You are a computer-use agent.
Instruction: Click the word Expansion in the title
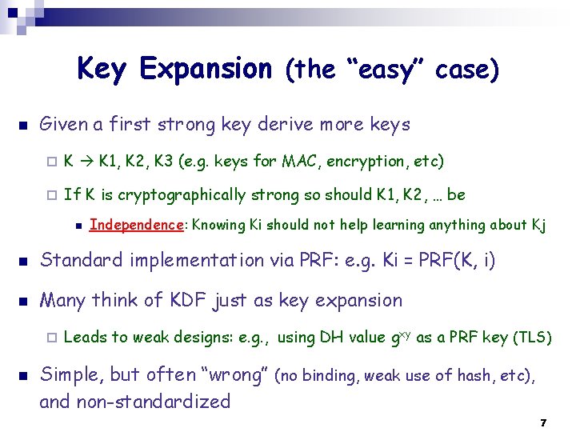[206, 70]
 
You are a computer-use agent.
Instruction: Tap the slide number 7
[543, 422]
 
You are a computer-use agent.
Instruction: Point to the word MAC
[301, 161]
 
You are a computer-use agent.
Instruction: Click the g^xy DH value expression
[400, 336]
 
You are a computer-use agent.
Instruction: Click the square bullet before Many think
[22, 302]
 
